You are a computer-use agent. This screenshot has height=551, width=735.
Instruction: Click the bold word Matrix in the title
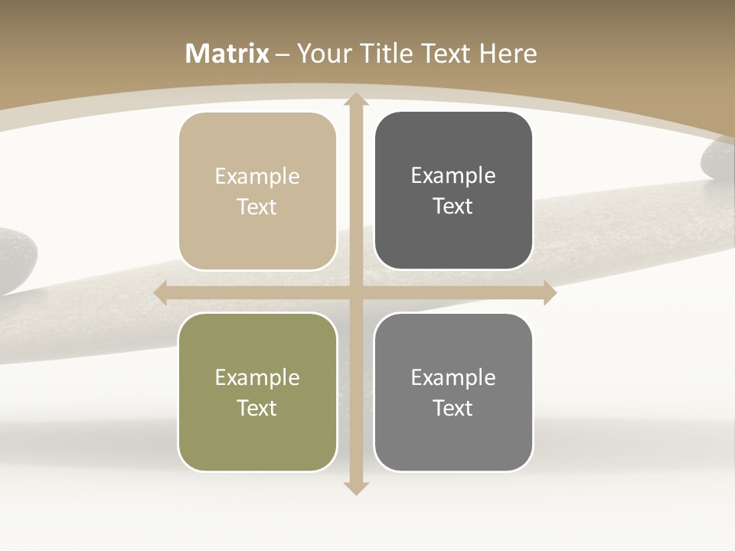(x=227, y=54)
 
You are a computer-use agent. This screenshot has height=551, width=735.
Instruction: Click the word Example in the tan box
(x=257, y=176)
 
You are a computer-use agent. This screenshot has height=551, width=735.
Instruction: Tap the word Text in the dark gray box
(x=453, y=207)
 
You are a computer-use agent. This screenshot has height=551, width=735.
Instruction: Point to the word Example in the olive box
(x=257, y=377)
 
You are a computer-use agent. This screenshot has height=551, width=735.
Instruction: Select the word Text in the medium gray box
(x=453, y=408)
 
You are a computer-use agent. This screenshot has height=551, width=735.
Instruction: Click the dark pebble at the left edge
(x=15, y=260)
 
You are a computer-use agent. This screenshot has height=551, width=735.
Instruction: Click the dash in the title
(x=283, y=54)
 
